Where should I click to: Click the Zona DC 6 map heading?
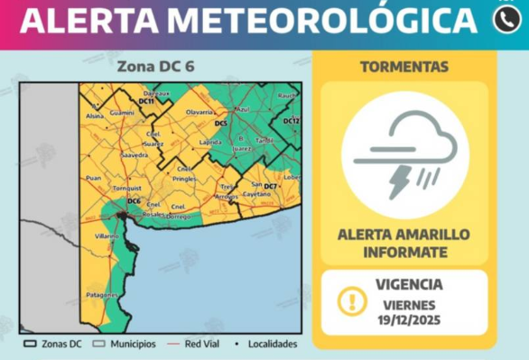[x=154, y=66]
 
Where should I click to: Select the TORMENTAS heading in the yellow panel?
[x=404, y=67]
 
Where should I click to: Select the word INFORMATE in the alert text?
[x=404, y=251]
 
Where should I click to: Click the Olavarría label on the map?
[x=199, y=112]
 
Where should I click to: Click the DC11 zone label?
[x=146, y=101]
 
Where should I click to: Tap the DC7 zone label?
[x=270, y=185]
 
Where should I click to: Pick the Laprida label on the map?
[x=209, y=143]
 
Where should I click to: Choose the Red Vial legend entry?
[x=204, y=344]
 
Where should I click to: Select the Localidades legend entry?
[x=272, y=344]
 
